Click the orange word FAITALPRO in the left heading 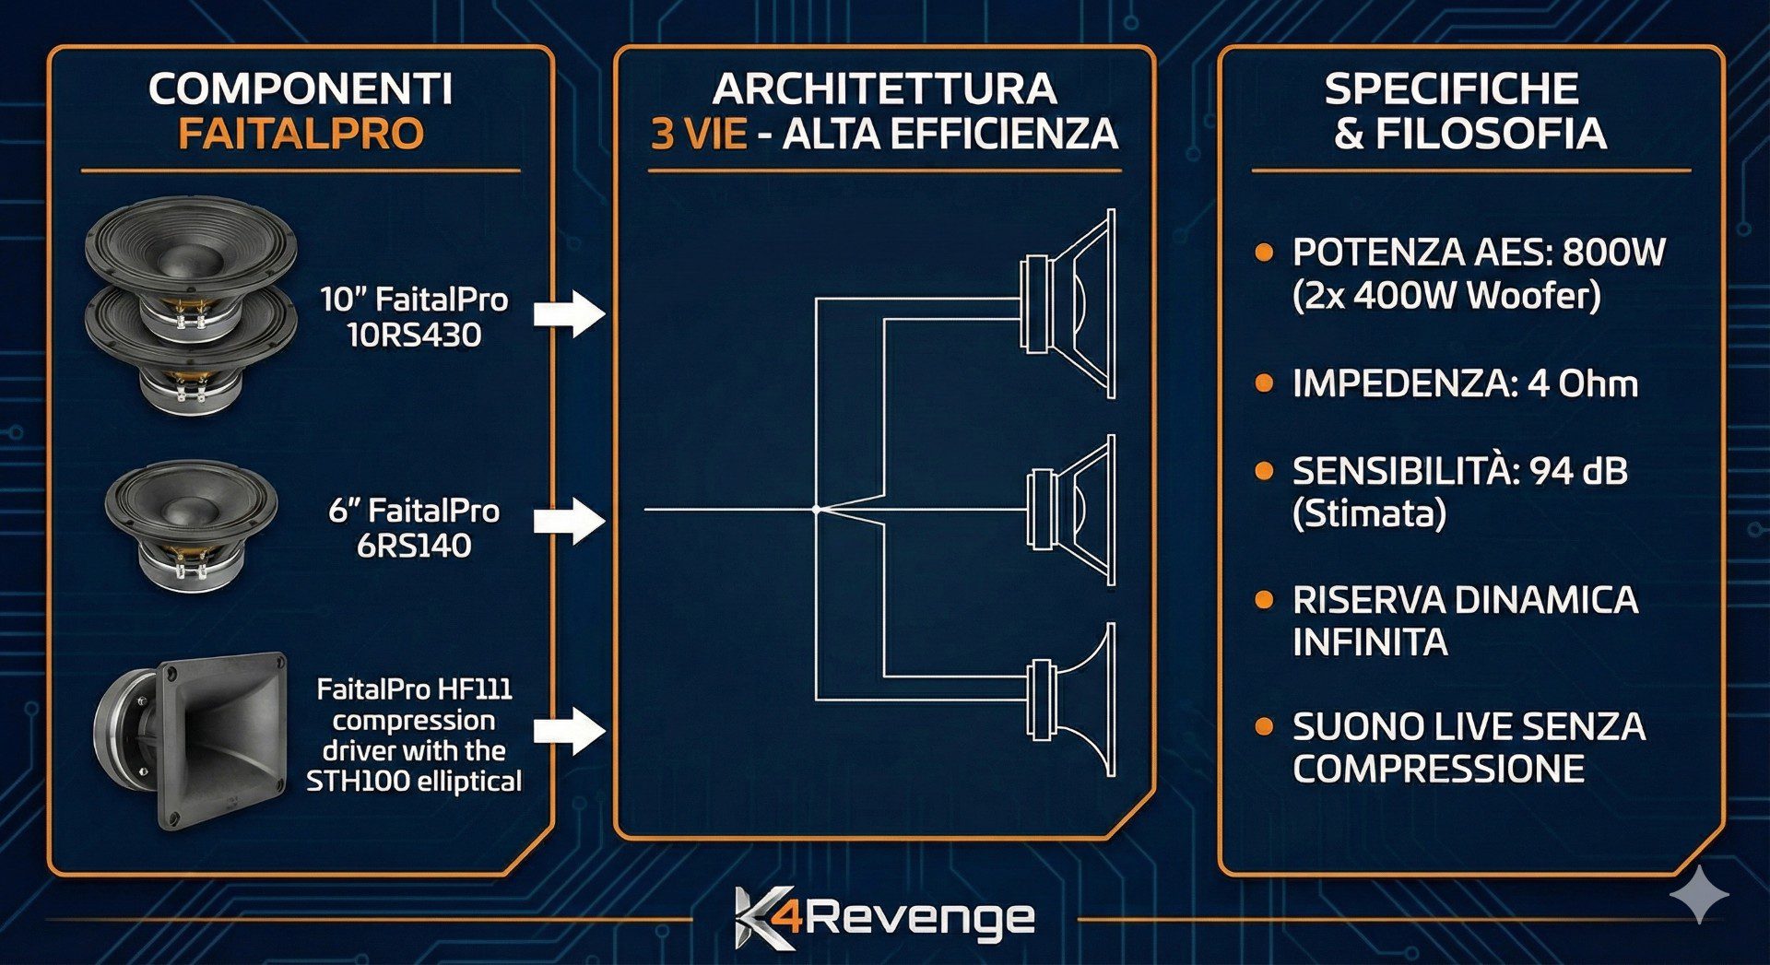click(301, 134)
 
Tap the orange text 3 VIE click(698, 135)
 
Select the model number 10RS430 click(414, 335)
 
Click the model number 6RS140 click(414, 546)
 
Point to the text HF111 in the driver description click(474, 689)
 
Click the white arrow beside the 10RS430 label click(570, 313)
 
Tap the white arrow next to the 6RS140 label click(570, 521)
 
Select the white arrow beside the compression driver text click(570, 732)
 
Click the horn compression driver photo click(194, 737)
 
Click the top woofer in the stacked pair click(191, 253)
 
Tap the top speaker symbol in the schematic click(1069, 304)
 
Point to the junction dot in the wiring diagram click(816, 509)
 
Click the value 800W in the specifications click(1613, 253)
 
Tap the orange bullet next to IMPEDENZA click(1264, 382)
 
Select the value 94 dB click(1577, 471)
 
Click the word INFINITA click(1370, 642)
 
